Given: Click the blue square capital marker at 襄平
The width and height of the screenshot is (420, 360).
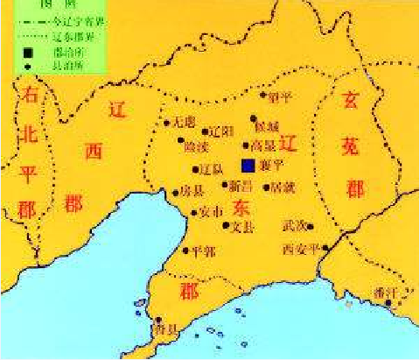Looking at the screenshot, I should pos(249,165).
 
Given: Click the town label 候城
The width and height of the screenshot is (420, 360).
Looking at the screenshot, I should pos(266,129).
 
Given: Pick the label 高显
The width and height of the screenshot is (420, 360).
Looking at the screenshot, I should pos(263,145).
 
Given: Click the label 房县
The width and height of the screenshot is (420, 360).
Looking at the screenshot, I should pos(190,189).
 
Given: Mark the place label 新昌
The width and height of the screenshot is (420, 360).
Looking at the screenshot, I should pos(241,186).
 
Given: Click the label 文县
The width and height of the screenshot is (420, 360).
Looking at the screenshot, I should pos(242,227).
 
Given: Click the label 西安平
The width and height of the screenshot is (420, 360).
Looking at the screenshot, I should pos(300,249).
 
